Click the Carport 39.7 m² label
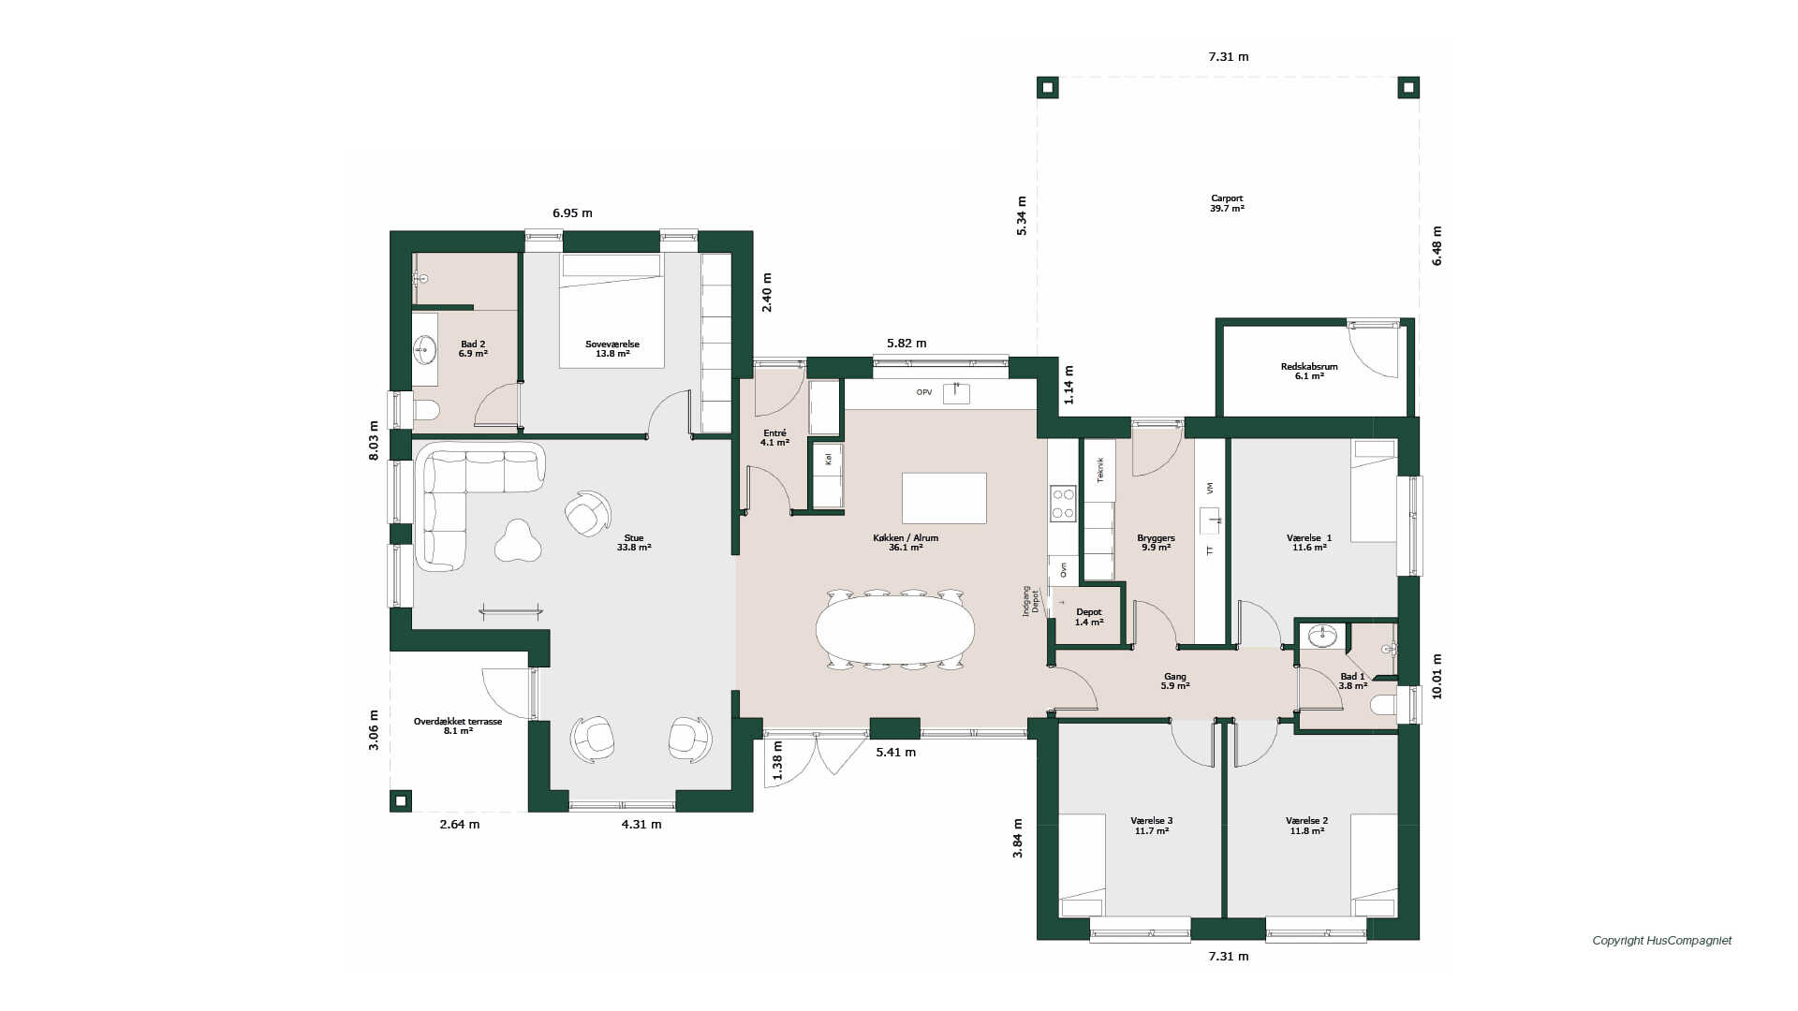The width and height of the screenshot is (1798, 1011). [1227, 203]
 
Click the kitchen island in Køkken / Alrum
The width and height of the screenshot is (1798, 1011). [944, 498]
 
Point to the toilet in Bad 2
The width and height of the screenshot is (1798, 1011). [426, 410]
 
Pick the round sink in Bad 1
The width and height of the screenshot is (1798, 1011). [1322, 636]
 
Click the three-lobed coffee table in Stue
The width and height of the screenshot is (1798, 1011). [518, 541]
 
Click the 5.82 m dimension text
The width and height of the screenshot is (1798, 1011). [906, 344]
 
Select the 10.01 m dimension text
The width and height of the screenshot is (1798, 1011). [1437, 676]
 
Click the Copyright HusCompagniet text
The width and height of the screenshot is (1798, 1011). [1662, 941]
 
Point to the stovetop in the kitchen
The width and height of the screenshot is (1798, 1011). [1063, 503]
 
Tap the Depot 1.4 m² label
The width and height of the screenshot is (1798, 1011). [1089, 617]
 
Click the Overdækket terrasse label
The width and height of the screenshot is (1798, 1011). [458, 722]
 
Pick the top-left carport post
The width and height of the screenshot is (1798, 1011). [1048, 88]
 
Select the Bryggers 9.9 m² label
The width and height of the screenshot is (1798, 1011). [1156, 543]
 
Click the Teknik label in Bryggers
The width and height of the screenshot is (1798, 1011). [1100, 470]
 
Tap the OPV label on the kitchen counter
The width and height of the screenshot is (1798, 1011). [924, 392]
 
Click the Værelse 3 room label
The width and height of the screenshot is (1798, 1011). [1152, 821]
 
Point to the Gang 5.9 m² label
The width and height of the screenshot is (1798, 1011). [1175, 681]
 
